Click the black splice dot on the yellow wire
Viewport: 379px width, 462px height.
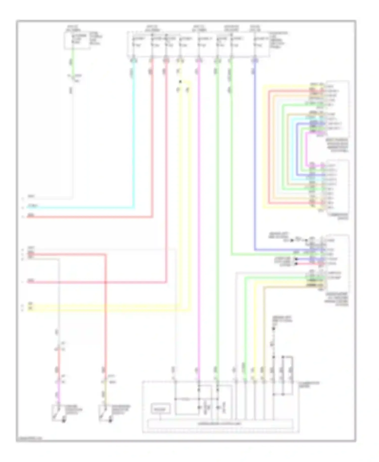[x=180, y=82]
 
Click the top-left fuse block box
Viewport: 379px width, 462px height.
[x=77, y=40]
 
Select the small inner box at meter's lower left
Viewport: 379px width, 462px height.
[x=160, y=409]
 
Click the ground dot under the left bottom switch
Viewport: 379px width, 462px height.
[x=63, y=421]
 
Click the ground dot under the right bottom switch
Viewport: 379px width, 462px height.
[x=110, y=421]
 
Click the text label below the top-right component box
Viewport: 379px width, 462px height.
[x=338, y=145]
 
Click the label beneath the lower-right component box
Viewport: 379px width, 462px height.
[x=337, y=299]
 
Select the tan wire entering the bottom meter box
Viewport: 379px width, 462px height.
[x=264, y=329]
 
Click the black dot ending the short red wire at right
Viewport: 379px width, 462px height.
[x=296, y=264]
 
